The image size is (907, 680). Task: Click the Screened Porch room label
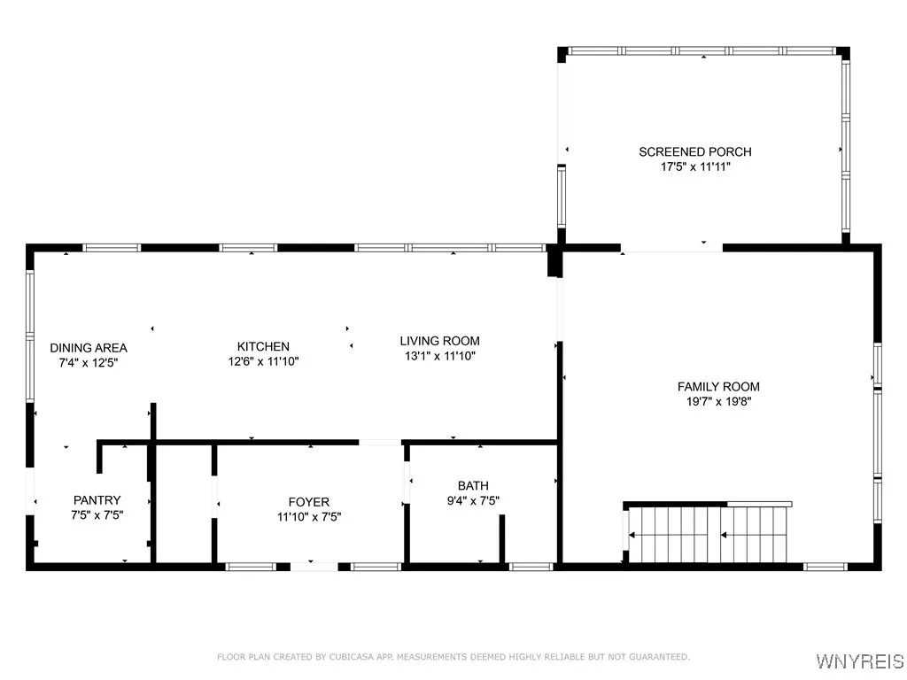(x=695, y=151)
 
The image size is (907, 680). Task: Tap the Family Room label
(x=718, y=386)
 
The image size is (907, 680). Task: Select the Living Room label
(x=439, y=341)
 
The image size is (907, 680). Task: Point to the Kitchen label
(x=263, y=346)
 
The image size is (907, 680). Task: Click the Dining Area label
(x=89, y=348)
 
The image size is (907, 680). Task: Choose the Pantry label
(x=97, y=500)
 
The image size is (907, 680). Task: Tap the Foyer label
(x=309, y=502)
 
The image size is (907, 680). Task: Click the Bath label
(x=473, y=485)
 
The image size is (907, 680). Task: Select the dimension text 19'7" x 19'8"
(x=718, y=401)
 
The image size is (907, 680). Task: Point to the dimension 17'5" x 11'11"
(x=695, y=166)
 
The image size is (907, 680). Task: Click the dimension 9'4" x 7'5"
(x=473, y=500)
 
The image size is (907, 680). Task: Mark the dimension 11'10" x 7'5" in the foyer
(x=309, y=517)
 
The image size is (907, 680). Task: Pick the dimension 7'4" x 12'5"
(x=89, y=362)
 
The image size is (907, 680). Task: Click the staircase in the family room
(x=709, y=534)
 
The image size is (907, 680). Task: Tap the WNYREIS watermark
(x=859, y=661)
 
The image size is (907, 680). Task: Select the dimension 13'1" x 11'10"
(x=439, y=356)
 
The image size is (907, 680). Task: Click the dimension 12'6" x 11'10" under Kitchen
(x=263, y=361)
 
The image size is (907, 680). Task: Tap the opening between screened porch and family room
(x=672, y=248)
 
